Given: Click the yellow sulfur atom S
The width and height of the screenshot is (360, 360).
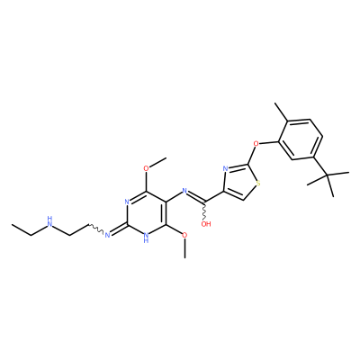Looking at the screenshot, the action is (258, 184).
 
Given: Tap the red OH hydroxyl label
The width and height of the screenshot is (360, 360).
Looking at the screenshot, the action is (206, 223).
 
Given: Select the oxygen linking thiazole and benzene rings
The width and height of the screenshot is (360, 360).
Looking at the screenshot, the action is (256, 143).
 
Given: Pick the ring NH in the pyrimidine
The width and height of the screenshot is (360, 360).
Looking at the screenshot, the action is (146, 237).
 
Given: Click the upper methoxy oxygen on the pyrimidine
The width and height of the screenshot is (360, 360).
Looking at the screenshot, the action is (146, 168).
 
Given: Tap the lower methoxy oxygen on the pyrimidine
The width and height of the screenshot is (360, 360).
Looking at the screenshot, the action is (185, 235).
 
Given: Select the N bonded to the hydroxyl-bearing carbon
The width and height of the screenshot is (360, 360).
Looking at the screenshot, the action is (184, 190).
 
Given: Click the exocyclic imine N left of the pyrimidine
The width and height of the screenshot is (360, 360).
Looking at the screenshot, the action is (107, 234).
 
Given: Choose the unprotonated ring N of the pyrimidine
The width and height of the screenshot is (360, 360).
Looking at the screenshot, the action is (127, 202).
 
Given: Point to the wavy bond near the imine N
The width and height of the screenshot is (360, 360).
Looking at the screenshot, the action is (96, 228).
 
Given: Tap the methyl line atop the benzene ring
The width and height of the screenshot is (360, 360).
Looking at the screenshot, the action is (282, 112).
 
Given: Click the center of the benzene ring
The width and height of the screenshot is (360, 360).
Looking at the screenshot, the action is (301, 139).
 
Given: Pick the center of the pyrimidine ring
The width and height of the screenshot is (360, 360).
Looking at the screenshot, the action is (147, 213).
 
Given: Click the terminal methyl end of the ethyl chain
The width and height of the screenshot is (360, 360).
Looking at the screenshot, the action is (12, 224).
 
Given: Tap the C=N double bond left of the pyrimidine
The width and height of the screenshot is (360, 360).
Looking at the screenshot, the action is (119, 229).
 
